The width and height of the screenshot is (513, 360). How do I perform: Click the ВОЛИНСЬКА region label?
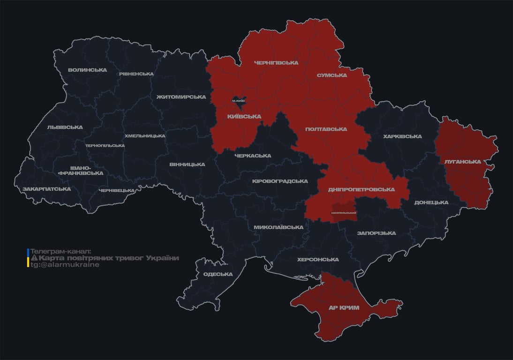coord(87,70)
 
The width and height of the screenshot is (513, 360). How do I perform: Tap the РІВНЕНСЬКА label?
coord(136,74)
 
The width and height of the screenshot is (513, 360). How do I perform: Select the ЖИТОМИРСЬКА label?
coord(181,97)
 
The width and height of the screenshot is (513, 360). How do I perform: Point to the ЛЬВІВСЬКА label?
coord(65,127)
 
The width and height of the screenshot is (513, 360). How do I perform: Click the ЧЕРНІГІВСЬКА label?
coord(276,63)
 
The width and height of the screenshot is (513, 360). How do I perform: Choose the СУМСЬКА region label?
coord(332,75)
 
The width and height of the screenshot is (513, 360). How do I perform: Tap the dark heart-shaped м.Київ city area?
coord(239,101)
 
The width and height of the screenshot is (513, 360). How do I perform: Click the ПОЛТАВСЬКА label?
coord(326,129)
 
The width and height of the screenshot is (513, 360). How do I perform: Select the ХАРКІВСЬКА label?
coord(402,136)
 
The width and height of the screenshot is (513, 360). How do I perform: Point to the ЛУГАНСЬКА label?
coord(462,162)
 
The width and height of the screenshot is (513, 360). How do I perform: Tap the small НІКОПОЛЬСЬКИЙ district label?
coord(343,213)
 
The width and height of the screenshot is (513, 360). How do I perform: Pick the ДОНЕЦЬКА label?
coord(431,202)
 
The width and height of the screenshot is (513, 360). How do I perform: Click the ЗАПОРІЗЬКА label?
coord(376,233)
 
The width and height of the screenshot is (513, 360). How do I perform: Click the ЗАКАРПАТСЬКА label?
coord(46,189)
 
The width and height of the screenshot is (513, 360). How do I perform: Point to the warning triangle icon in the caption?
coord(34,258)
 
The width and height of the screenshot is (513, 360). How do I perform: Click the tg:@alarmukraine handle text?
coord(65,265)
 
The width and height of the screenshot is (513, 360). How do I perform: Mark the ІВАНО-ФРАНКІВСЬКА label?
coord(80,170)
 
